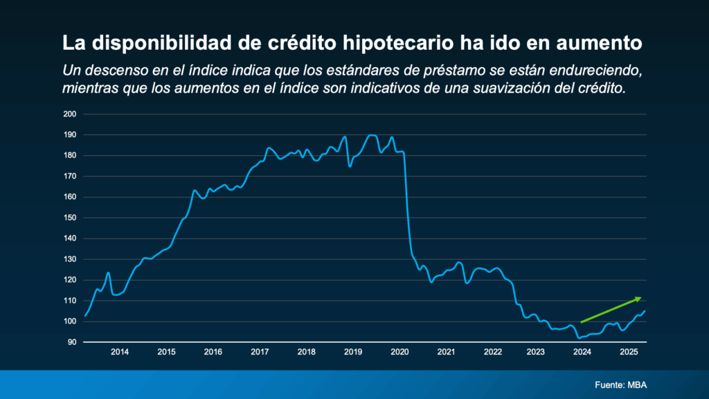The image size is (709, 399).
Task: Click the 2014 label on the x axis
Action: coord(120,352)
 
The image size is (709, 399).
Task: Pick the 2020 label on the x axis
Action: coord(400,352)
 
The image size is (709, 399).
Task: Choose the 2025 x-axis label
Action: coord(628,352)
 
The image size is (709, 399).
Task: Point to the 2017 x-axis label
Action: coord(260,352)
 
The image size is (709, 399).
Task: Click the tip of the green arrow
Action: coord(642,297)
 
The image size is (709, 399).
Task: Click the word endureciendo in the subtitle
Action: coord(601,71)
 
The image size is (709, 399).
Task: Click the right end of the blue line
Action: coord(645,310)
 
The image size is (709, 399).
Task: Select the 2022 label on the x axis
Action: coord(492,352)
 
